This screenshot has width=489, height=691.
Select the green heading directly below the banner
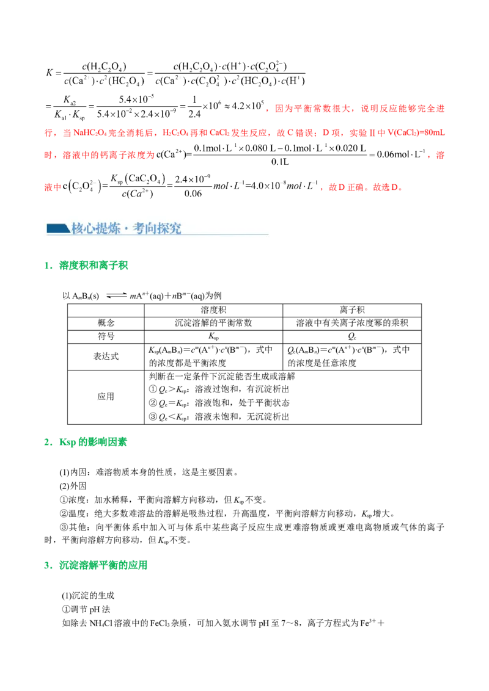pyautogui.click(x=94, y=266)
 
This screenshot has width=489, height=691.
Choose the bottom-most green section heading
pyautogui.click(x=103, y=565)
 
